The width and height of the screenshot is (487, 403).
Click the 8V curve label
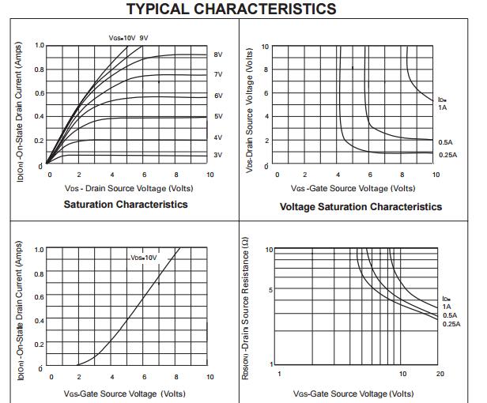(218, 55)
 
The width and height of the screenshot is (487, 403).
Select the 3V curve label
(218, 155)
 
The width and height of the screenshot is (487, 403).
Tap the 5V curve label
(218, 116)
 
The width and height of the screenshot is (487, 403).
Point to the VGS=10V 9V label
(128, 38)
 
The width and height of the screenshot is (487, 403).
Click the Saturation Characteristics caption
(126, 205)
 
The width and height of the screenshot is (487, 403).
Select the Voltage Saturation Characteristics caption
(361, 207)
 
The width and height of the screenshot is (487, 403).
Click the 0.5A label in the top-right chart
(446, 142)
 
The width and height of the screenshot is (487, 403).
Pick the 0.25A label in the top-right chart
(447, 155)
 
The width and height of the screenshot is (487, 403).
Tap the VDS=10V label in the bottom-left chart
(144, 258)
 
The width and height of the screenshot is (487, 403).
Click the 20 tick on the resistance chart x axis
(440, 374)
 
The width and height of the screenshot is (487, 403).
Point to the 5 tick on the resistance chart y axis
(271, 289)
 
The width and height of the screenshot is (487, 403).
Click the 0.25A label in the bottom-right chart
(451, 324)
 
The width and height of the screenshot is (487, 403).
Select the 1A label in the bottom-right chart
(447, 307)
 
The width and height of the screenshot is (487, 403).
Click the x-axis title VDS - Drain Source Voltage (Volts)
(129, 188)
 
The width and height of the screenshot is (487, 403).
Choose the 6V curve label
(218, 96)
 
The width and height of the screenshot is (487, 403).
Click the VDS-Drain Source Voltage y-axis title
(249, 111)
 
